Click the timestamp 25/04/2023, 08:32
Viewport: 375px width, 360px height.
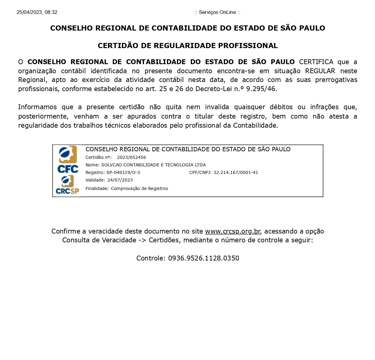point(37,12)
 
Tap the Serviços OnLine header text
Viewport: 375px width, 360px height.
point(217,12)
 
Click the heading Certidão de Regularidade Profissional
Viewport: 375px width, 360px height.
point(187,46)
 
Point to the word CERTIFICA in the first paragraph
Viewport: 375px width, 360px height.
point(316,62)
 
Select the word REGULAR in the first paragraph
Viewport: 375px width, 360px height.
point(320,71)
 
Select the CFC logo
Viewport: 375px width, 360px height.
point(68,159)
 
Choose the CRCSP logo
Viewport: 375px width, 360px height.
point(67,185)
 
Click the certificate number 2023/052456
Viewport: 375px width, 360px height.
point(131,157)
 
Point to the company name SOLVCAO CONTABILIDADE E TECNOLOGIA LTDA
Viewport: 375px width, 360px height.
point(153,165)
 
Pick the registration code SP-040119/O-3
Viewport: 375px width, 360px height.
point(123,172)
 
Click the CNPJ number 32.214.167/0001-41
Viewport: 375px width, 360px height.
point(236,172)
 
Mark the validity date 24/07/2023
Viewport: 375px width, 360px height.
point(120,180)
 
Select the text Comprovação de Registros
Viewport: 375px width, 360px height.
point(139,188)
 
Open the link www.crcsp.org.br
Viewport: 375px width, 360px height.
point(232,231)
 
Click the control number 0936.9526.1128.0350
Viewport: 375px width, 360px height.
point(204,258)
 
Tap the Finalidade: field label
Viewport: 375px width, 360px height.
point(97,188)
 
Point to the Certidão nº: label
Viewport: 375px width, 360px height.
point(99,157)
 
